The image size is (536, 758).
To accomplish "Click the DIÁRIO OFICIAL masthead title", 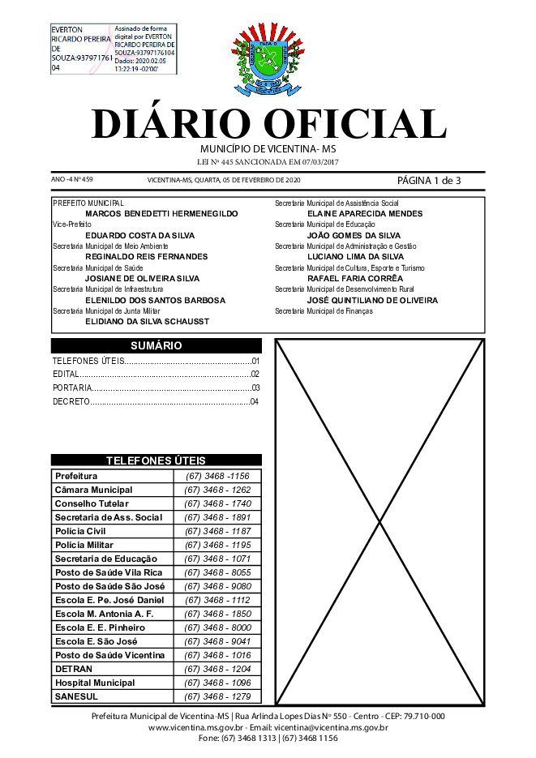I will click(x=268, y=124).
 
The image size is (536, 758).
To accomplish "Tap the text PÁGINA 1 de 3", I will click(x=429, y=180).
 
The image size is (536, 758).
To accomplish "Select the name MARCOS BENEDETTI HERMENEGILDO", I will click(x=161, y=213).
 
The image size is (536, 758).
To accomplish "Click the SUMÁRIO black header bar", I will click(x=156, y=345).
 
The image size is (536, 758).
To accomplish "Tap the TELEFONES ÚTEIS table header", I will click(x=156, y=460).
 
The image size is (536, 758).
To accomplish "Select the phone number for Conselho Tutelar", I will click(x=217, y=503).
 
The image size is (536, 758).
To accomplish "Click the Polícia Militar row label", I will click(x=84, y=545).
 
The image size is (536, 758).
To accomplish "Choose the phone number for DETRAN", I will click(x=217, y=669).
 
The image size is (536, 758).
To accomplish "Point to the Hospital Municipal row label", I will click(x=95, y=683).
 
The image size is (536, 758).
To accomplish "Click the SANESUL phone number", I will click(x=217, y=696).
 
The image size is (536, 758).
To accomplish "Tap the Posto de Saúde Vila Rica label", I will click(x=109, y=572).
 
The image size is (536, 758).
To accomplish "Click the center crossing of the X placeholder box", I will click(x=380, y=521).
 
